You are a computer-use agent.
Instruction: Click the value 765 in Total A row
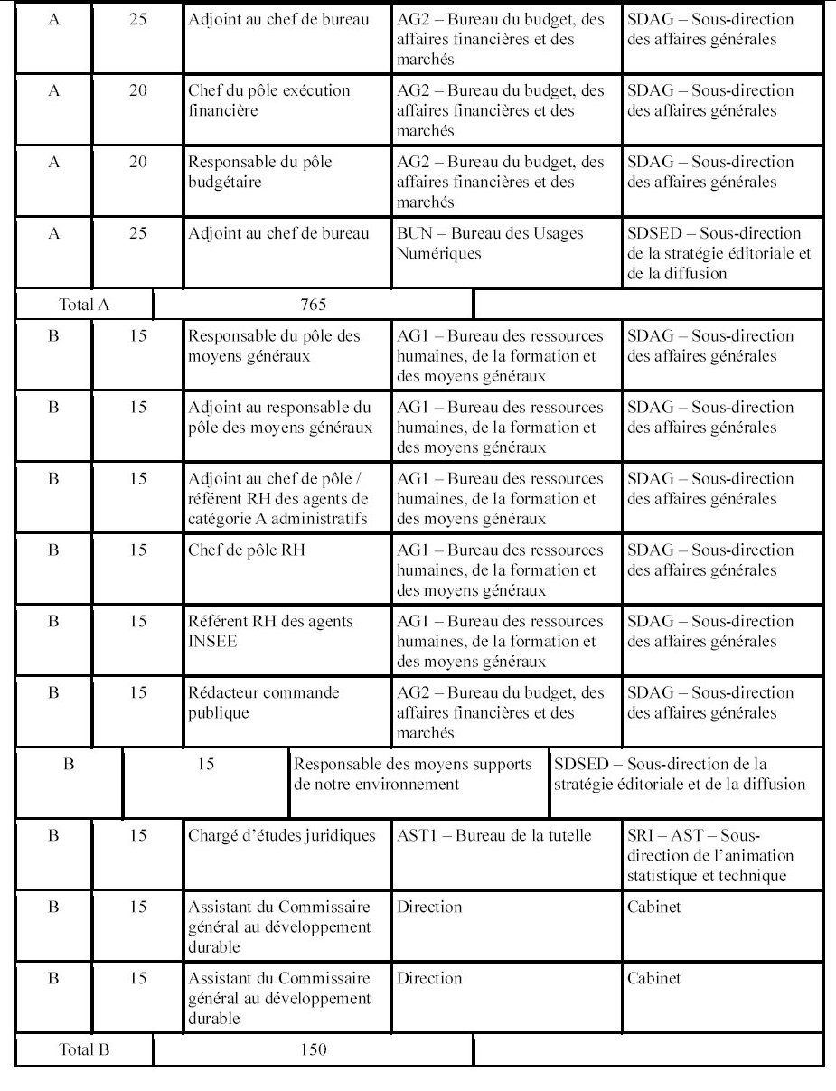pyautogui.click(x=313, y=304)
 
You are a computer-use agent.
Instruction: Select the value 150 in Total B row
pyautogui.click(x=313, y=1049)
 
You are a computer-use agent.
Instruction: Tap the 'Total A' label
pyautogui.click(x=84, y=304)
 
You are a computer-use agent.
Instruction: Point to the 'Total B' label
pyautogui.click(x=84, y=1049)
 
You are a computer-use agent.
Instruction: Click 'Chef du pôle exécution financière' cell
pyautogui.click(x=268, y=100)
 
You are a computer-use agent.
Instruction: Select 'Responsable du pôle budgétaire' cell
pyautogui.click(x=259, y=172)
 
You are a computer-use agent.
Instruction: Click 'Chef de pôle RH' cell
pyautogui.click(x=246, y=550)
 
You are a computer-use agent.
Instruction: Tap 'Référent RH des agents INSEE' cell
pyautogui.click(x=270, y=631)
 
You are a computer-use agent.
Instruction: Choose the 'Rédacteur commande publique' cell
pyautogui.click(x=263, y=702)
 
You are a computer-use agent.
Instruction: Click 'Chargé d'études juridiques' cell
pyautogui.click(x=280, y=835)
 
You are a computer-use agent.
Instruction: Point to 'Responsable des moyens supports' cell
pyautogui.click(x=412, y=774)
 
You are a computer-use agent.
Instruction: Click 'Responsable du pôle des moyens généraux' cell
pyautogui.click(x=273, y=345)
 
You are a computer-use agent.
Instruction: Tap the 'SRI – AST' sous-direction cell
pyautogui.click(x=710, y=855)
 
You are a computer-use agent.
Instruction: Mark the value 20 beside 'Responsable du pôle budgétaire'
pyautogui.click(x=137, y=162)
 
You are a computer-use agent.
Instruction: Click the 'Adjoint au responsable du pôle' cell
pyautogui.click(x=279, y=417)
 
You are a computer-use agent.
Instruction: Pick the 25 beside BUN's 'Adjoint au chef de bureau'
pyautogui.click(x=137, y=233)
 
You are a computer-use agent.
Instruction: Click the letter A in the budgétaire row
pyautogui.click(x=53, y=162)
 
